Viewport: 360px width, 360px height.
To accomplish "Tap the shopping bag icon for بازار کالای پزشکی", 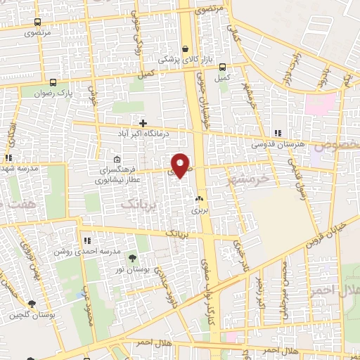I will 185,49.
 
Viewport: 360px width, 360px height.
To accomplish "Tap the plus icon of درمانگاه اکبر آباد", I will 143,123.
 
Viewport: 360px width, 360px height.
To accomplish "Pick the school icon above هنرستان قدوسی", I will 278,133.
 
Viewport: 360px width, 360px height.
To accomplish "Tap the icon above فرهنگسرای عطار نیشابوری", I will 117,159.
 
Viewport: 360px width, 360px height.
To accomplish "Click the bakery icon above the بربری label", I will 199,199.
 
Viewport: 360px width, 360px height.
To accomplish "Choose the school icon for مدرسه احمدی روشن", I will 87,240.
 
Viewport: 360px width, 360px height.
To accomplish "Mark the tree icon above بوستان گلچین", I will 32,304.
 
